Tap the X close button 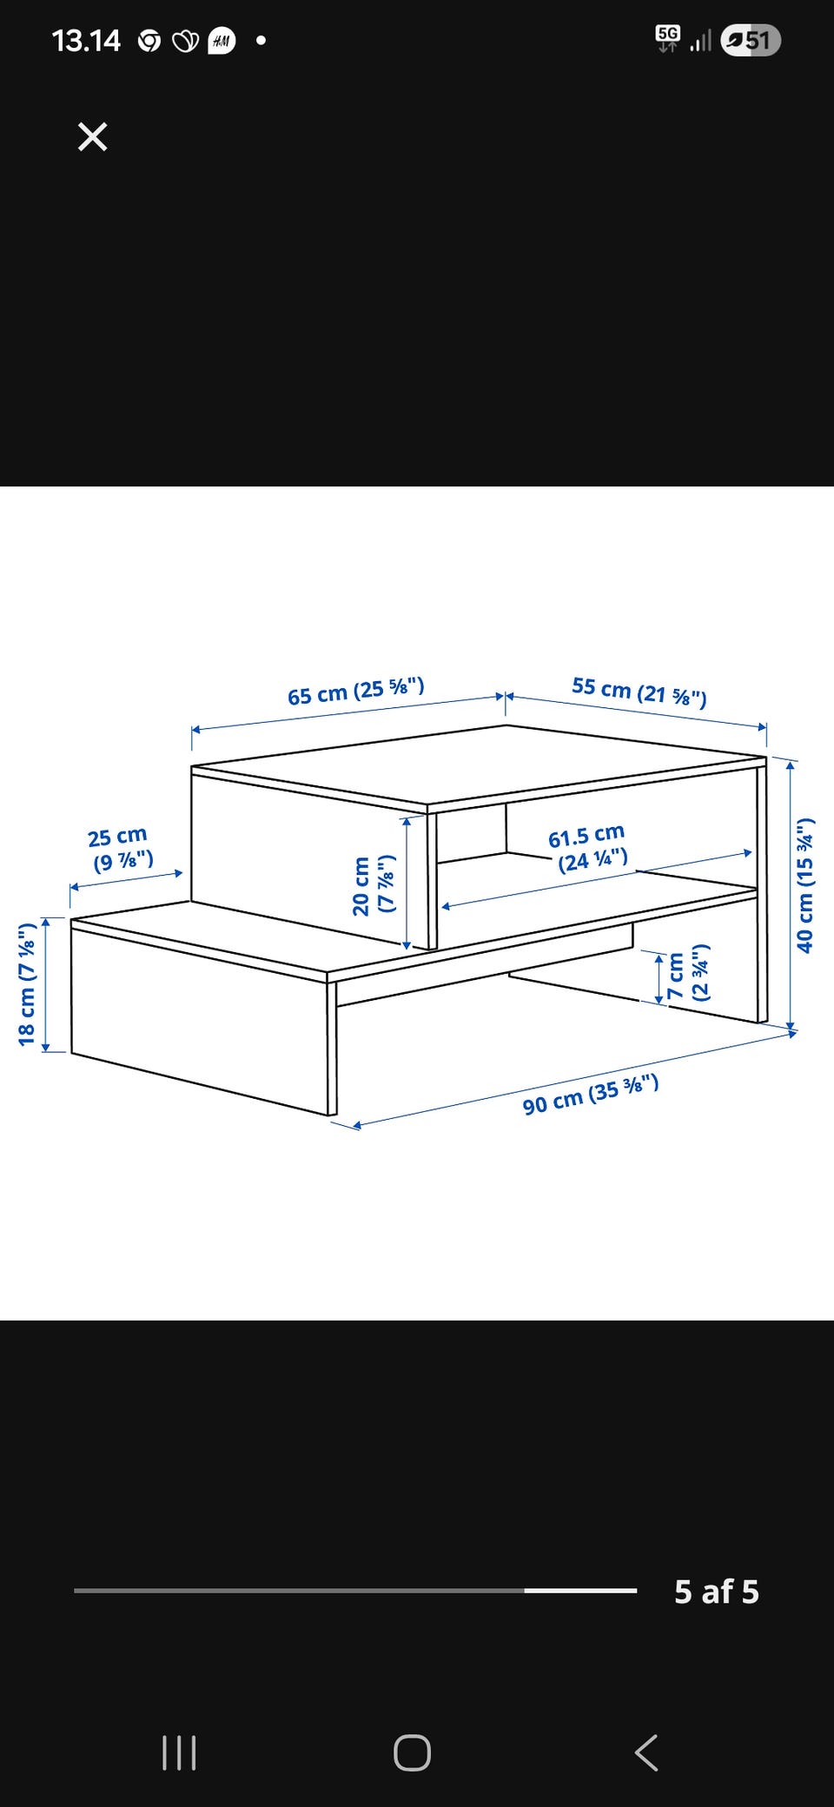pyautogui.click(x=92, y=136)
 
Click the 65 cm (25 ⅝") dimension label pyautogui.click(x=356, y=692)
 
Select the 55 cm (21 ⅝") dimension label pyautogui.click(x=639, y=692)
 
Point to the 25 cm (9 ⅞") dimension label pyautogui.click(x=121, y=850)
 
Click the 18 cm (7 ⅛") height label pyautogui.click(x=27, y=983)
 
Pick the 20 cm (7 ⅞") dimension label pyautogui.click(x=374, y=884)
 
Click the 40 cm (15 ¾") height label pyautogui.click(x=805, y=885)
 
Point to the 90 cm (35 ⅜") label pyautogui.click(x=591, y=1094)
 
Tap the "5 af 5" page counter pyautogui.click(x=717, y=1592)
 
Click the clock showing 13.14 pyautogui.click(x=86, y=40)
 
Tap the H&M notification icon pyautogui.click(x=222, y=40)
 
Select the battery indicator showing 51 pyautogui.click(x=751, y=40)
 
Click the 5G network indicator pyautogui.click(x=668, y=38)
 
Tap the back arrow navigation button pyautogui.click(x=646, y=1752)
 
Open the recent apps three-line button pyautogui.click(x=179, y=1752)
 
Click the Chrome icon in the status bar pyautogui.click(x=149, y=41)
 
